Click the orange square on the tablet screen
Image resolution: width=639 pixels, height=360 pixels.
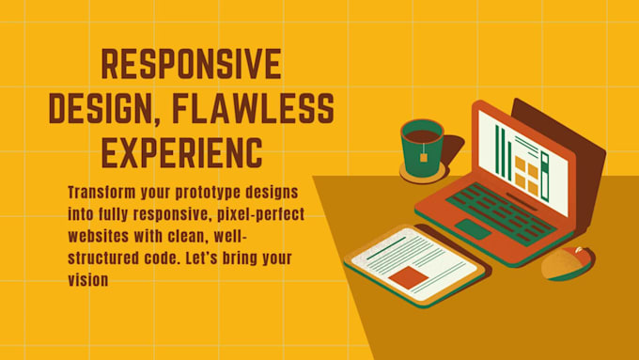[x=408, y=275]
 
